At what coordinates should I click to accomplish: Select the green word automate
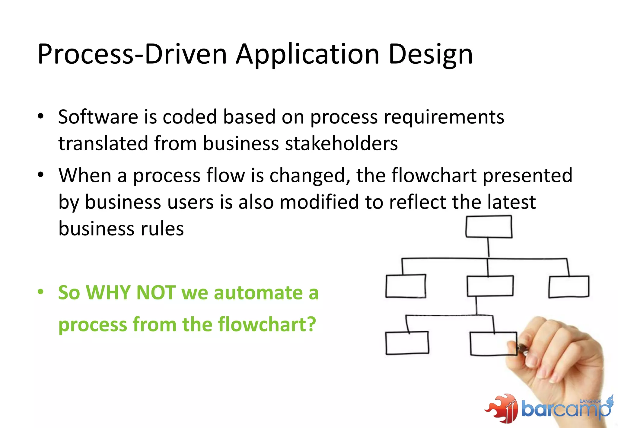tap(258, 293)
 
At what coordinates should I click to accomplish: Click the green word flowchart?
tap(267, 324)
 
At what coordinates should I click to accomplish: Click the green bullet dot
tap(41, 292)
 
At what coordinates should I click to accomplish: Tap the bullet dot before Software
tap(41, 116)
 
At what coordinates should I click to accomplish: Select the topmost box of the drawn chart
tap(489, 227)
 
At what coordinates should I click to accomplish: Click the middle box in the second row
tap(490, 286)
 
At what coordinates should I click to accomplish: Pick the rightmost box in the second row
tap(569, 287)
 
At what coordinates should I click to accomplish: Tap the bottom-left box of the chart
tap(407, 343)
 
